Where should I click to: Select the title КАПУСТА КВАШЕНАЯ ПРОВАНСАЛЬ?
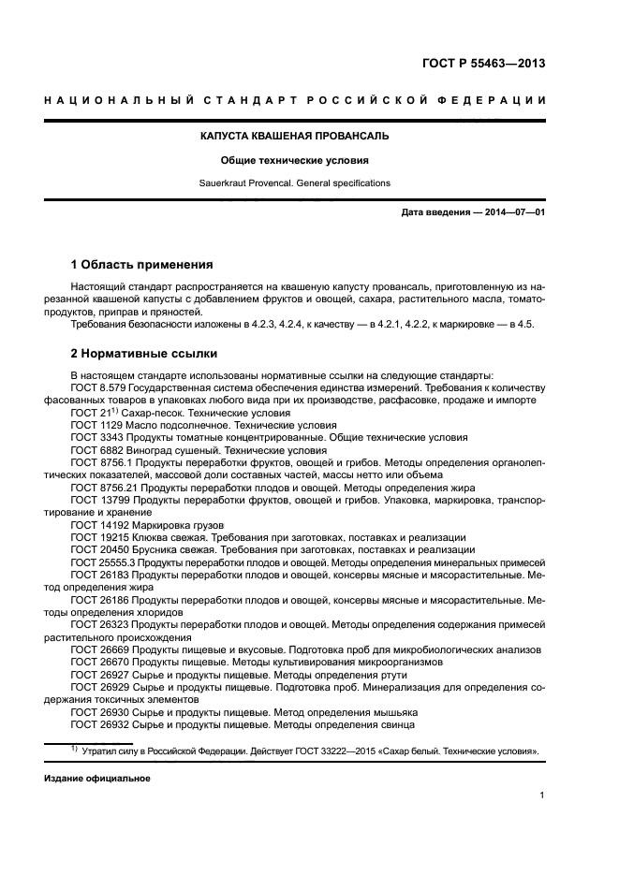[295, 136]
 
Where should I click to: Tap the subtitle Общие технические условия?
[295, 160]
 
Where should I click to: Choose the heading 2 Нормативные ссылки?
[144, 354]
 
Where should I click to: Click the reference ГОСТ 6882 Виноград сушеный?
[142, 449]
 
